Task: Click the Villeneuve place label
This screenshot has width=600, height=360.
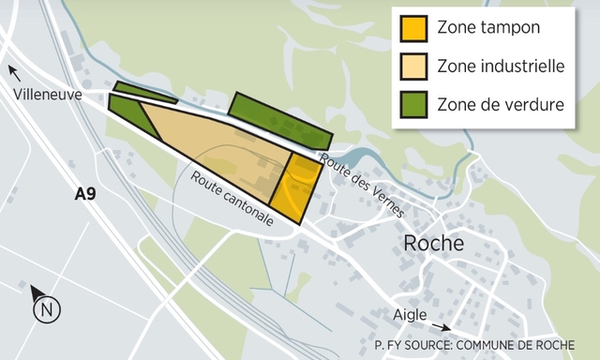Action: point(47,95)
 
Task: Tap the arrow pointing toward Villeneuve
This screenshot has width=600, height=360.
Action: point(15,71)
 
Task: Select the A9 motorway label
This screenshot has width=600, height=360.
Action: point(86,195)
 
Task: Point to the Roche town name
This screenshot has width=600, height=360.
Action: point(432,243)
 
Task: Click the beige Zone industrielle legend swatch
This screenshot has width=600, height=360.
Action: point(413,67)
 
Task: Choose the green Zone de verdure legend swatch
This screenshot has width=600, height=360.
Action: point(413,104)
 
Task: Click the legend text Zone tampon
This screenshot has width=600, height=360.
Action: point(487,28)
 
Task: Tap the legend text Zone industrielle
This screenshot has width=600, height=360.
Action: point(500,67)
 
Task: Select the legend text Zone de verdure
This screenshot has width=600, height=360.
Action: point(501,104)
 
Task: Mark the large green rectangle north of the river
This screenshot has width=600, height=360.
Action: point(279,123)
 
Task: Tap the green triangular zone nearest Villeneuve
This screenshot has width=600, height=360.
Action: point(132,111)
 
